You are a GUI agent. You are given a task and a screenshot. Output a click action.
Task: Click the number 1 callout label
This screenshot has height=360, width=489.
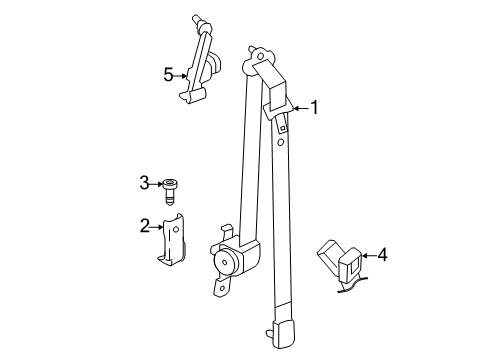(x=314, y=107)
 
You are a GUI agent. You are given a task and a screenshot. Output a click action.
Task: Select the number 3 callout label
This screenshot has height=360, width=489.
(x=144, y=183)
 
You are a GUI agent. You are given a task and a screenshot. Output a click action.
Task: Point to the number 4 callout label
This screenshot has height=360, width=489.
(x=381, y=256)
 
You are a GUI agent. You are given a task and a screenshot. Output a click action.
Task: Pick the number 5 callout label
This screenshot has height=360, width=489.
(x=168, y=73)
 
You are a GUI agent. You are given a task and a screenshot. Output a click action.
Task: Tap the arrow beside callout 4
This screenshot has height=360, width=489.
(x=365, y=256)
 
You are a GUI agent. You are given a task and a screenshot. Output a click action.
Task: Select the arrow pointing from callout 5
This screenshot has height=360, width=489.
(x=183, y=73)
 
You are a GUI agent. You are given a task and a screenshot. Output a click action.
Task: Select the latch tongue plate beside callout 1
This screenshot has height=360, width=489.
(x=279, y=110)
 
